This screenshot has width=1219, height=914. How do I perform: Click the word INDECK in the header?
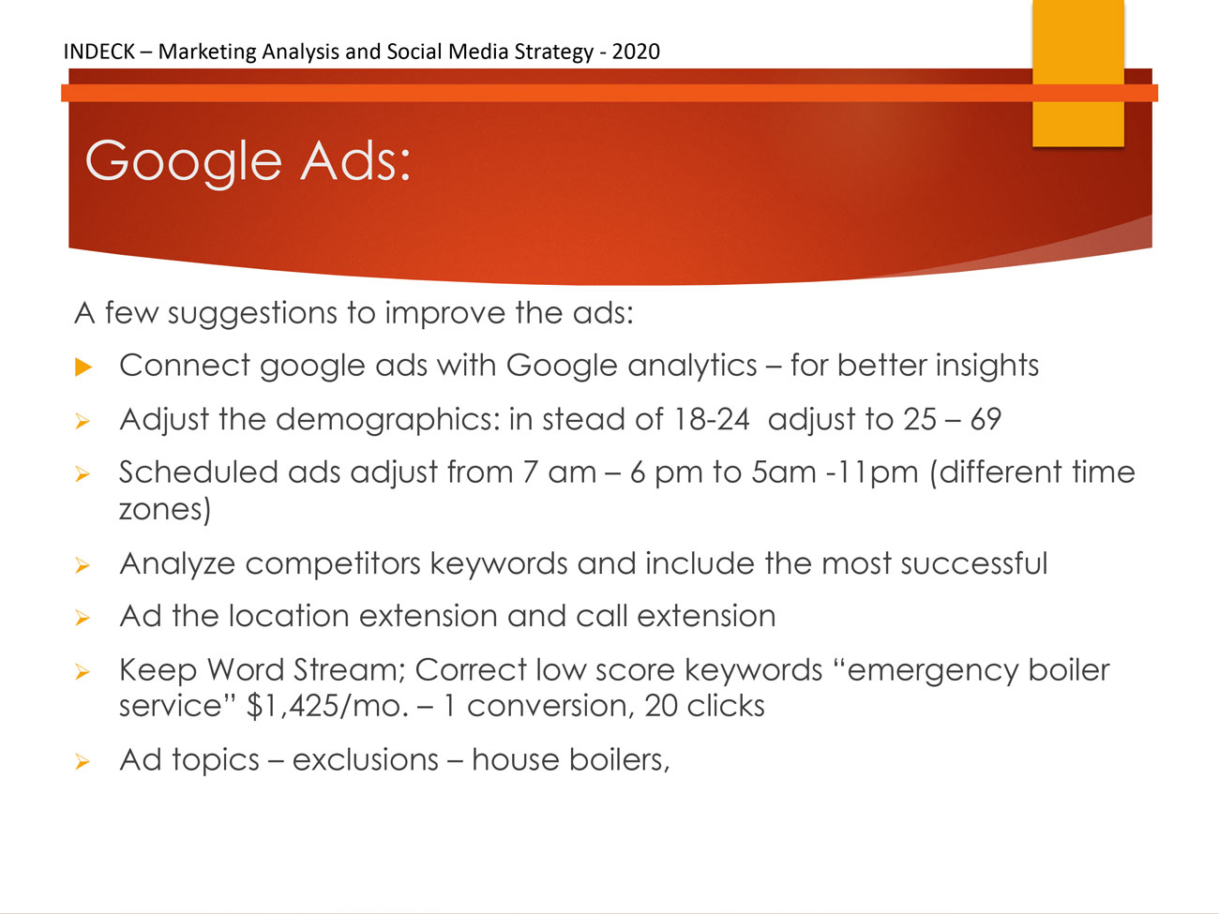(x=98, y=52)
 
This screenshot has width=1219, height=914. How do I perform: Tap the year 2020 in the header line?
(x=636, y=52)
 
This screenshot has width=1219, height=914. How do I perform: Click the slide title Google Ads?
(x=248, y=162)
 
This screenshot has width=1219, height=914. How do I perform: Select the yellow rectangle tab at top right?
(x=1078, y=73)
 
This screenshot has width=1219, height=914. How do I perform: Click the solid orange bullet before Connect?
(x=83, y=367)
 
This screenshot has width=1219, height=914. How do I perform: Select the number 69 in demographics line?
(x=986, y=419)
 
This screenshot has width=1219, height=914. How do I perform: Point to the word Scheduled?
(x=198, y=472)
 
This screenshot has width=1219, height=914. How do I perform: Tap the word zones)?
(x=165, y=509)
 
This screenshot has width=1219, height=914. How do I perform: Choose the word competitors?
(x=333, y=564)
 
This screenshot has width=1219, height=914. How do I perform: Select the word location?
(x=289, y=616)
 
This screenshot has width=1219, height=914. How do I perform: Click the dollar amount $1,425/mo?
(x=327, y=707)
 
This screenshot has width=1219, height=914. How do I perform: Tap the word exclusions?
(x=366, y=759)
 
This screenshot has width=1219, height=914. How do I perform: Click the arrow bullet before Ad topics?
(x=83, y=761)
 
